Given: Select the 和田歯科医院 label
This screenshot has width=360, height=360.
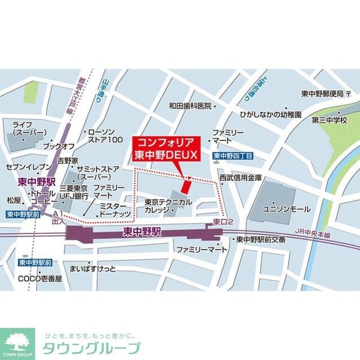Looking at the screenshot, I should coord(191,106).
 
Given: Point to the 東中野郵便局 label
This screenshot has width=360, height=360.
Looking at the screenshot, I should coord(322,94).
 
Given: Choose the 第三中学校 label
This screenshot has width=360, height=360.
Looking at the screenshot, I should coord(329,120).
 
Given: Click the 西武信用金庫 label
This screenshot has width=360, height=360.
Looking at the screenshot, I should coord(241,178).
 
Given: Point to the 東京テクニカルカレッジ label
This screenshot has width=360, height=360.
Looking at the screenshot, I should coord(168,206).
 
